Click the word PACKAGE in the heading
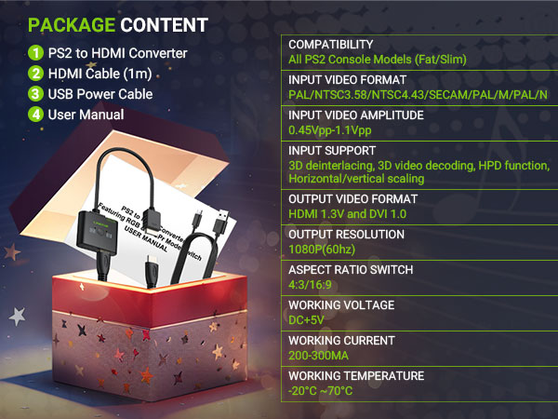[x=72, y=25]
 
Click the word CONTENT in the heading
[x=164, y=25]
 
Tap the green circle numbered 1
[x=35, y=53]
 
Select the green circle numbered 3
[x=35, y=94]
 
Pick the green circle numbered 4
[x=35, y=115]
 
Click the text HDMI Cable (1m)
[x=100, y=74]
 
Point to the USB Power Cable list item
[x=100, y=94]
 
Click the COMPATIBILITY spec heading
[x=330, y=45]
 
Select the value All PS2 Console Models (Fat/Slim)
[x=378, y=60]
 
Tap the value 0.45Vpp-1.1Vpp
[x=330, y=130]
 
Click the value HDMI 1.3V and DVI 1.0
[x=347, y=214]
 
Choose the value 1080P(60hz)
[x=322, y=249]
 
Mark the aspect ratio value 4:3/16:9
[x=310, y=285]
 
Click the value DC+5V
[x=306, y=320]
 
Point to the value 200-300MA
[x=318, y=356]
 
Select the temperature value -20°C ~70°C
[x=320, y=390]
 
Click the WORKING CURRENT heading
[x=341, y=341]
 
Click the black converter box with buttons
[x=97, y=232]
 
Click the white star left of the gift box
[x=17, y=316]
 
